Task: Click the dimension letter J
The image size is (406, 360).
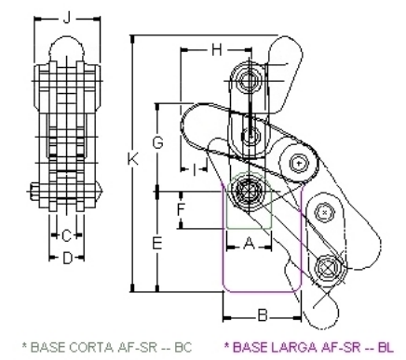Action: [x=67, y=18]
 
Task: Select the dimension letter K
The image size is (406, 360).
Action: [x=133, y=159]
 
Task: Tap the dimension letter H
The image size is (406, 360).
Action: [x=217, y=49]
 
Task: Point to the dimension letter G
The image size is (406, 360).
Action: [x=157, y=142]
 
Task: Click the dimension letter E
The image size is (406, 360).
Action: [x=157, y=243]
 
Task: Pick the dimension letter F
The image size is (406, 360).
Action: [x=181, y=209]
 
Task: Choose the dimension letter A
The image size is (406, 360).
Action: [x=249, y=244]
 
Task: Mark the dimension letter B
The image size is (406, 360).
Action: [x=263, y=316]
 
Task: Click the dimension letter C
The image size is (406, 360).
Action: [x=66, y=236]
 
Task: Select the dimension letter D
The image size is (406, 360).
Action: [x=67, y=258]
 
